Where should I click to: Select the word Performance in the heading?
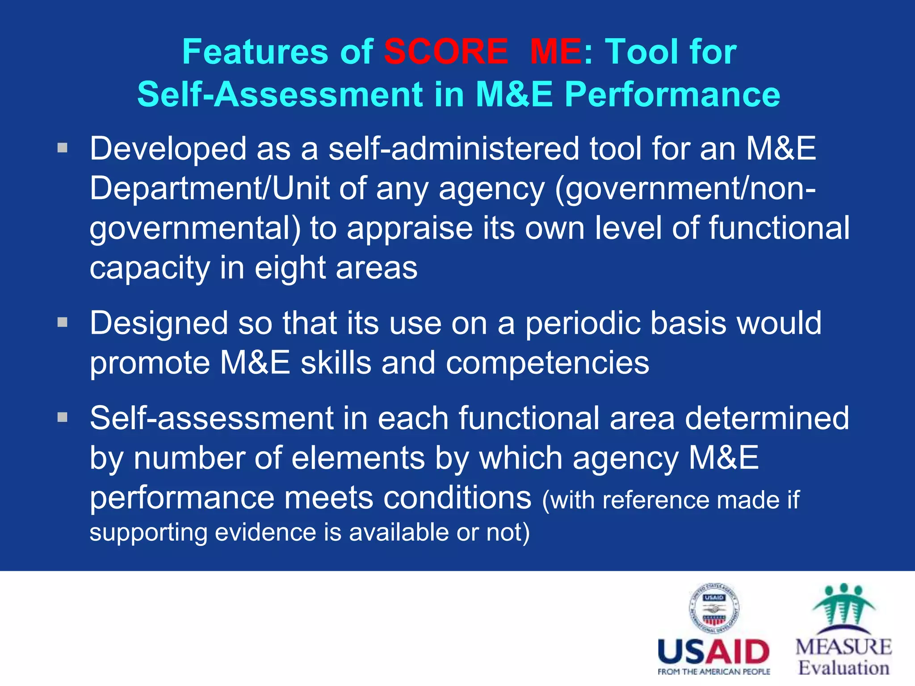672,94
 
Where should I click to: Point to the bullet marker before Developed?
63,148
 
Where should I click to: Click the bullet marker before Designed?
63,322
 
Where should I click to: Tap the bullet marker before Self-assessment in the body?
63,418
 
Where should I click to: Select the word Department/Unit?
209,188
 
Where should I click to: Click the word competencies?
547,363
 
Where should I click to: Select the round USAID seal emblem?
714,608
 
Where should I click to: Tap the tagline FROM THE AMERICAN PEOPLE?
714,672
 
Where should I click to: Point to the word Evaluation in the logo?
844,668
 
